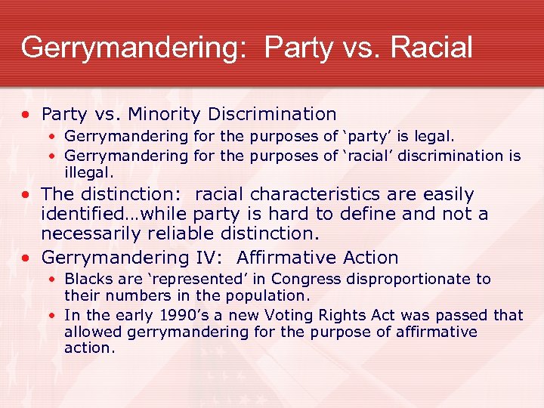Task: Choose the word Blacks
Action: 88,279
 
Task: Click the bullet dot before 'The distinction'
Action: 28,195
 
